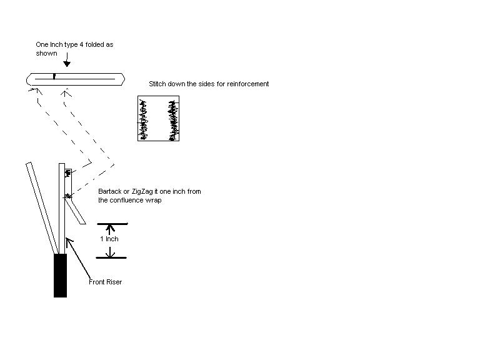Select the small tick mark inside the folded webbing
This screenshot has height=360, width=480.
point(54,77)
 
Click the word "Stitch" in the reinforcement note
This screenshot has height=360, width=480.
point(159,84)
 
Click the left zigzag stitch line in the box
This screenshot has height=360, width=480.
point(145,119)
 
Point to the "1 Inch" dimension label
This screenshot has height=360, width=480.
point(109,239)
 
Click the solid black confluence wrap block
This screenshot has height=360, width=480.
point(60,275)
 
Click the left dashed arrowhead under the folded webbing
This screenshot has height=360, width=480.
point(31,91)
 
